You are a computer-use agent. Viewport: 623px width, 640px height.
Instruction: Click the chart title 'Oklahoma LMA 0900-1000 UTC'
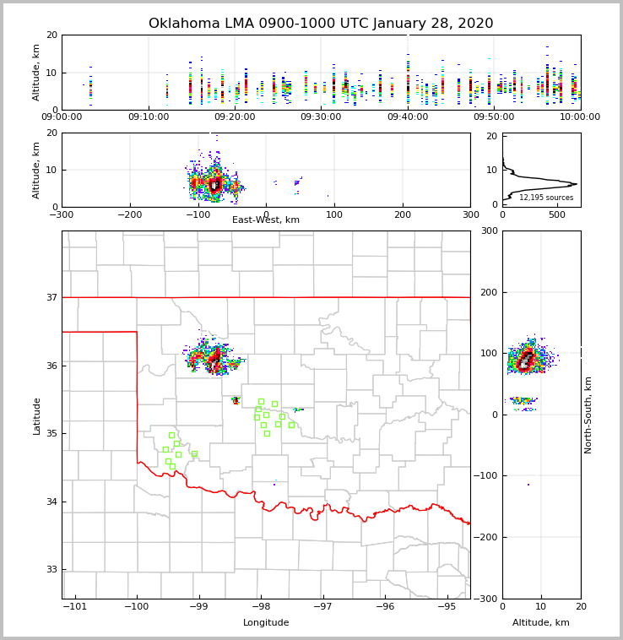click(x=321, y=24)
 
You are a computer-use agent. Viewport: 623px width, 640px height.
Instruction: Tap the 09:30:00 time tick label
click(x=321, y=117)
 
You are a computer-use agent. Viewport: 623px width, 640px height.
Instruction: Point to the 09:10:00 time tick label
click(x=149, y=117)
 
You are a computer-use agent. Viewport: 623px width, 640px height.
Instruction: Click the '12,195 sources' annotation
click(x=546, y=198)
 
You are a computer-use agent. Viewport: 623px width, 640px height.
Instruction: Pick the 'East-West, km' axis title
click(x=266, y=220)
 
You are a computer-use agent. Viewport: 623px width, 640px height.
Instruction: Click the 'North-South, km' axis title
click(x=588, y=415)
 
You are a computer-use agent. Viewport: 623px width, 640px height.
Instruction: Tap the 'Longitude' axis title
click(x=266, y=623)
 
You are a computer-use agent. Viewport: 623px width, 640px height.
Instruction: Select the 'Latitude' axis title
click(x=37, y=415)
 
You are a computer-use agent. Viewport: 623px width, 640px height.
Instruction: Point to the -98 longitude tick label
click(x=260, y=606)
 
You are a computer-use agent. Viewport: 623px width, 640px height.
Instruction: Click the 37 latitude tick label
click(x=51, y=297)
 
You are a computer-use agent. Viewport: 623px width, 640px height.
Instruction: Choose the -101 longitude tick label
click(x=74, y=606)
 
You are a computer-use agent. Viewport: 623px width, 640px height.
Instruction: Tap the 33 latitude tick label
click(x=51, y=569)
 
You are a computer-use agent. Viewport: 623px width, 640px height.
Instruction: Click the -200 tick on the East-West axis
click(x=130, y=214)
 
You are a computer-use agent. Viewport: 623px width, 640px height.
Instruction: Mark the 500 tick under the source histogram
click(x=556, y=214)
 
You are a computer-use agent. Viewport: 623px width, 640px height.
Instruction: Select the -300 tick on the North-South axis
click(x=487, y=599)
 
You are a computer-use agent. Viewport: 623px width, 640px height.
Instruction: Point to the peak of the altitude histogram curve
click(x=575, y=184)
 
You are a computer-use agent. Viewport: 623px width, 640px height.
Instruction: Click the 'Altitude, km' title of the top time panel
click(x=37, y=73)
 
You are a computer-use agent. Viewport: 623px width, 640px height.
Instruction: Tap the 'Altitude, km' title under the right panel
click(x=541, y=623)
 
